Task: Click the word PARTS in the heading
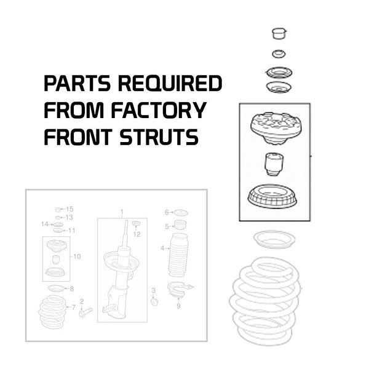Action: pyautogui.click(x=77, y=83)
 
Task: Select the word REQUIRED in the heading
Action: pyautogui.click(x=170, y=83)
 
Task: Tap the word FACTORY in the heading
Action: pyautogui.click(x=159, y=110)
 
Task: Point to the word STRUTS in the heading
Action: pyautogui.click(x=159, y=137)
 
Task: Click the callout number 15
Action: pyautogui.click(x=69, y=209)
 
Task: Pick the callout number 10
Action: pyautogui.click(x=77, y=256)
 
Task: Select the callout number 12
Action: pyautogui.click(x=137, y=234)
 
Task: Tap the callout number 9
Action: pyautogui.click(x=178, y=306)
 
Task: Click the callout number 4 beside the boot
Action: pyautogui.click(x=162, y=248)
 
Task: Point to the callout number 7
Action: pyautogui.click(x=73, y=307)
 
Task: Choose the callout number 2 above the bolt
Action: pyautogui.click(x=82, y=301)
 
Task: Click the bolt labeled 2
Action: pyautogui.click(x=85, y=312)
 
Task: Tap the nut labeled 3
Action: pyautogui.click(x=154, y=301)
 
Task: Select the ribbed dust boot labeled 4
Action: pyautogui.click(x=178, y=255)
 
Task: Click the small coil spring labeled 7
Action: pyautogui.click(x=53, y=312)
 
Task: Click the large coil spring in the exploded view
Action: pyautogui.click(x=265, y=301)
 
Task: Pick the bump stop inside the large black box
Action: pyautogui.click(x=274, y=164)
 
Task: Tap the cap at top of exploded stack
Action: pyautogui.click(x=279, y=34)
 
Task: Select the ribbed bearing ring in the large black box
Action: pyautogui.click(x=272, y=197)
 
